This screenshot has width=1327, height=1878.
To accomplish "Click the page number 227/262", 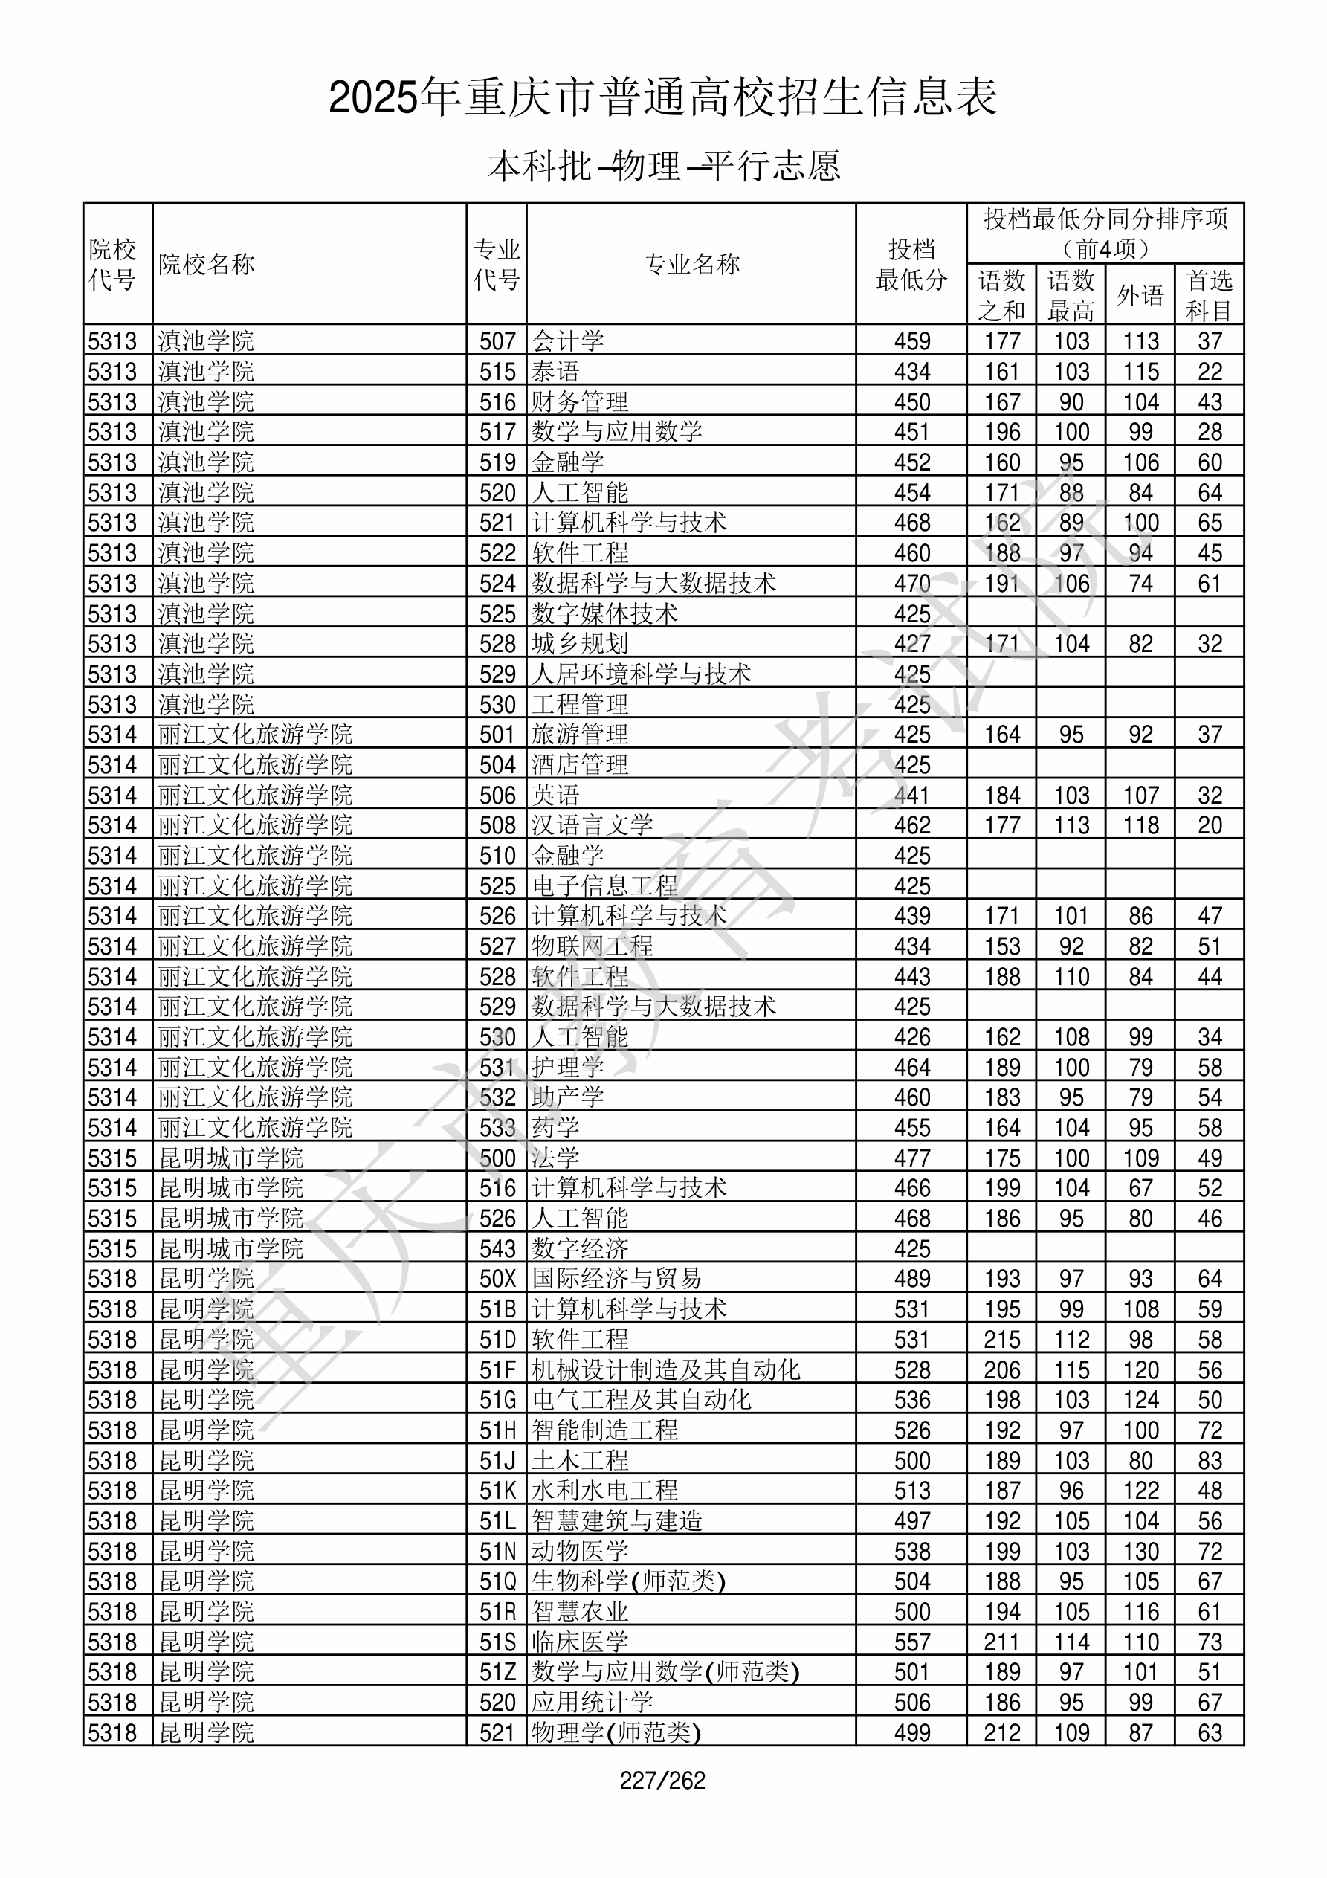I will [x=662, y=1780].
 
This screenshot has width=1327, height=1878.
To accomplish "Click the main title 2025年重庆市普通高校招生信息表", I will [x=662, y=98].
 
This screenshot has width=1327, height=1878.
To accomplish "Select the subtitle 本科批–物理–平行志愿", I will [x=662, y=166].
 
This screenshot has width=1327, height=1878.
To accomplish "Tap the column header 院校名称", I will [x=207, y=264].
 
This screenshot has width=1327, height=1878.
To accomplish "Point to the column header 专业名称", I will [x=691, y=264].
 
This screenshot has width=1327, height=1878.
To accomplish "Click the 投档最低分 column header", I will [x=911, y=264].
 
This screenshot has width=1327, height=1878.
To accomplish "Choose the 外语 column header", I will [x=1140, y=294].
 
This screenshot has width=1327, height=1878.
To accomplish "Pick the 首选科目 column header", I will [x=1210, y=294].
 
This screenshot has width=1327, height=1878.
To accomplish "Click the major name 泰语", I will [x=555, y=371].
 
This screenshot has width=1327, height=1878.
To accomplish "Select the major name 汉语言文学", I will [x=593, y=825].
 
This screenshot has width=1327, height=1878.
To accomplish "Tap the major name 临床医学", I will [x=580, y=1641].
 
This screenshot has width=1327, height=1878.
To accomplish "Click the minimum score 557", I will [x=912, y=1641].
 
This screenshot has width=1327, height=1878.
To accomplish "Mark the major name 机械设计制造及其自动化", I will [x=666, y=1369].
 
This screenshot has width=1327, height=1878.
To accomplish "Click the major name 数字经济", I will [x=580, y=1248].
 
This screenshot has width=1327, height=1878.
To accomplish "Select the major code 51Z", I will [x=497, y=1671].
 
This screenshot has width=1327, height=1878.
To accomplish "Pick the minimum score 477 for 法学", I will [x=912, y=1158].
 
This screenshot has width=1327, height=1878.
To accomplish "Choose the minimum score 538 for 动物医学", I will [x=912, y=1550].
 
